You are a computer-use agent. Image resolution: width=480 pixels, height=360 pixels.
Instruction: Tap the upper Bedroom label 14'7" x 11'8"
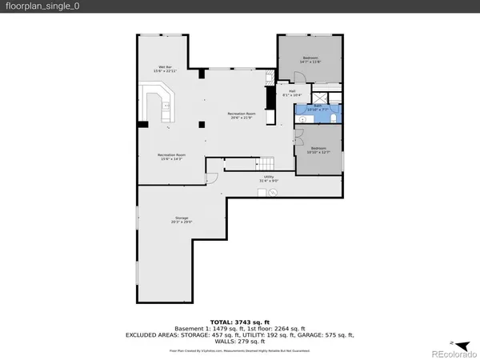(310, 60)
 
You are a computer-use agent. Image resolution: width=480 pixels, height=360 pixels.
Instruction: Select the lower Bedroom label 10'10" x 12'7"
(318, 150)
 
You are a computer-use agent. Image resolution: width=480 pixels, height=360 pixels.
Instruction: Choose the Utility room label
(268, 179)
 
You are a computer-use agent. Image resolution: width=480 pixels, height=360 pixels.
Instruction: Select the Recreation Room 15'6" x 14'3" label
(171, 157)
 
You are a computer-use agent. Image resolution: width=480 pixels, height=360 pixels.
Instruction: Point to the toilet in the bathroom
(334, 117)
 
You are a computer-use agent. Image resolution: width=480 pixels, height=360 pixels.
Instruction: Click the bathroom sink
(302, 118)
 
